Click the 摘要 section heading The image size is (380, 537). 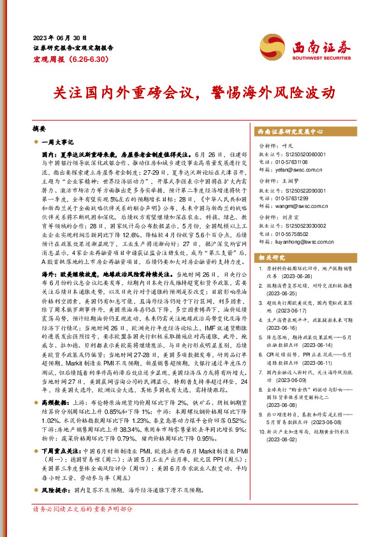(40, 128)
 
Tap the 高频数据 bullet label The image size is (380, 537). (54, 385)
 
